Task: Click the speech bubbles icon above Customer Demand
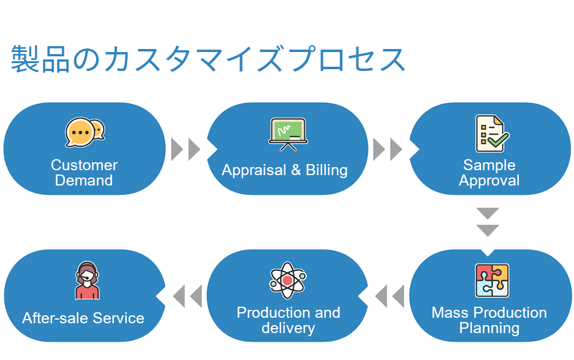(x=85, y=132)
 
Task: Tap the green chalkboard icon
(x=288, y=134)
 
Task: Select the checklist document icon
(x=492, y=133)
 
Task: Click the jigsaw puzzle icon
(x=492, y=280)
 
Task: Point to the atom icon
(x=288, y=280)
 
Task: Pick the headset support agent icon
(x=87, y=280)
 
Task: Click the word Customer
(x=84, y=165)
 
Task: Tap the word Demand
(x=84, y=181)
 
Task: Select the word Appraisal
(x=254, y=170)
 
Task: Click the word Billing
(x=327, y=170)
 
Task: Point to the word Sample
(x=489, y=165)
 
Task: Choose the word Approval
(x=489, y=181)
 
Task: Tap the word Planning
(x=489, y=329)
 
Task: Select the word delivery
(x=288, y=328)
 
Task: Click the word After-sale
(x=55, y=318)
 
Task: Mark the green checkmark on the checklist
(x=498, y=140)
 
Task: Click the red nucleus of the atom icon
(x=288, y=280)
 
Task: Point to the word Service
(x=118, y=318)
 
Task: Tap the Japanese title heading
(x=208, y=59)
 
